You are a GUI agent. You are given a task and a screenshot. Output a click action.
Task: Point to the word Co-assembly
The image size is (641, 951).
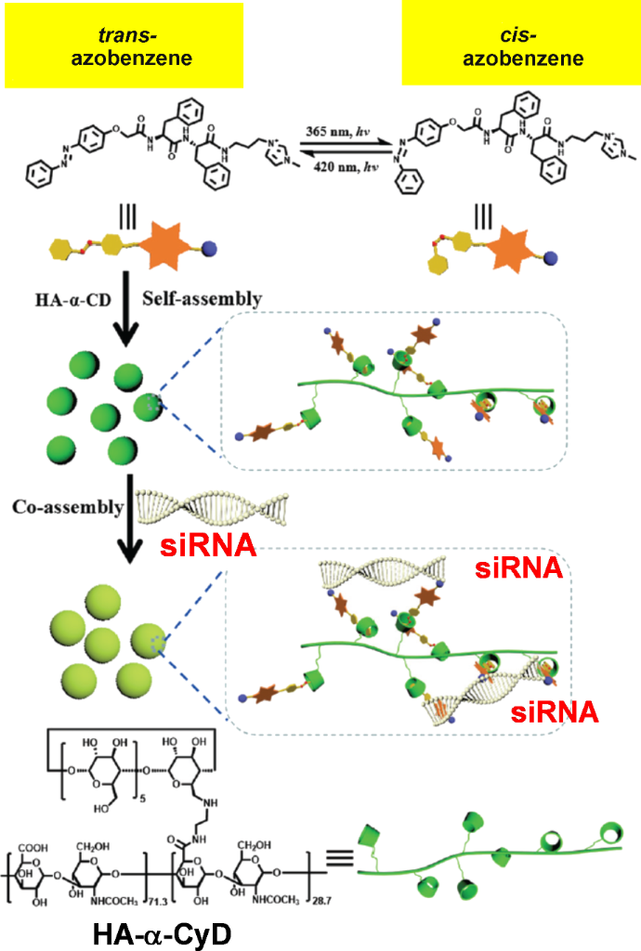pos(67,507)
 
